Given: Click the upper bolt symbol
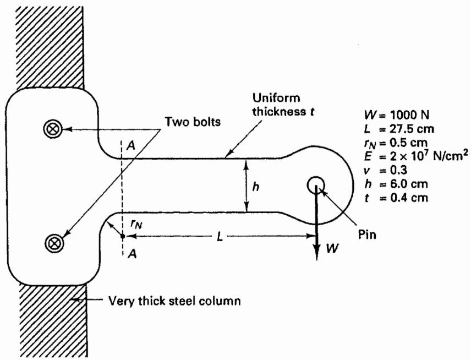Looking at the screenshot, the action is pos(53,129).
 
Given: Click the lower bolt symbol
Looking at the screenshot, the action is pos(54,243).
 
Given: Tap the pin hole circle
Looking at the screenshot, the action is pos(316,184).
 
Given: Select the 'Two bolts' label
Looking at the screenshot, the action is pos(193,122).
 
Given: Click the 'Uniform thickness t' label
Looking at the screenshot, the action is pos(283,105).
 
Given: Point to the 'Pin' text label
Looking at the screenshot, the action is pos(367,234).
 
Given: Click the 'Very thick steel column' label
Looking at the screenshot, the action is pos(174,301).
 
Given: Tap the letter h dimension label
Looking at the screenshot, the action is pos(256,187).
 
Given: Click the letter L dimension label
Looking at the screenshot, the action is pos(220,237).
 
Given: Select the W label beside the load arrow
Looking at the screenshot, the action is pos(332,248).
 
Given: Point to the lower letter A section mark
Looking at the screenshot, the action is pos(132,254).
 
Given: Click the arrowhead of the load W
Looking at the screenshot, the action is pos(316,253).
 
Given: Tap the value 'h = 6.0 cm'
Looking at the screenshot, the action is pos(396,184).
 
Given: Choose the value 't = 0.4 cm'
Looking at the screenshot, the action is pos(396,198).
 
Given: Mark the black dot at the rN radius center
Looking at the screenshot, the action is pos(123,236).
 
